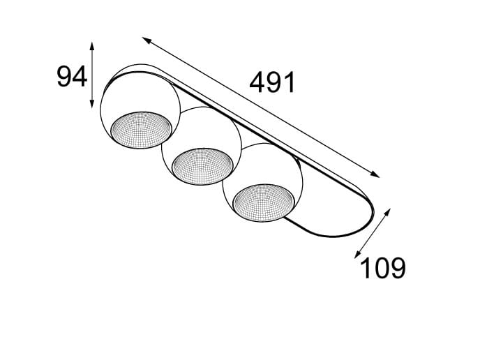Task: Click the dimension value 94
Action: coord(71,76)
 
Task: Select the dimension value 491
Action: coord(273,83)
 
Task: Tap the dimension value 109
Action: coord(382,268)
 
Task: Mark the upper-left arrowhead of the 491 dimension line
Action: coord(145,39)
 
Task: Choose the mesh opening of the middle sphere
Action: coord(203,165)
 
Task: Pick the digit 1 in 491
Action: coord(290,83)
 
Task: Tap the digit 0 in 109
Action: coord(382,268)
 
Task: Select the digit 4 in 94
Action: coord(80,76)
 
